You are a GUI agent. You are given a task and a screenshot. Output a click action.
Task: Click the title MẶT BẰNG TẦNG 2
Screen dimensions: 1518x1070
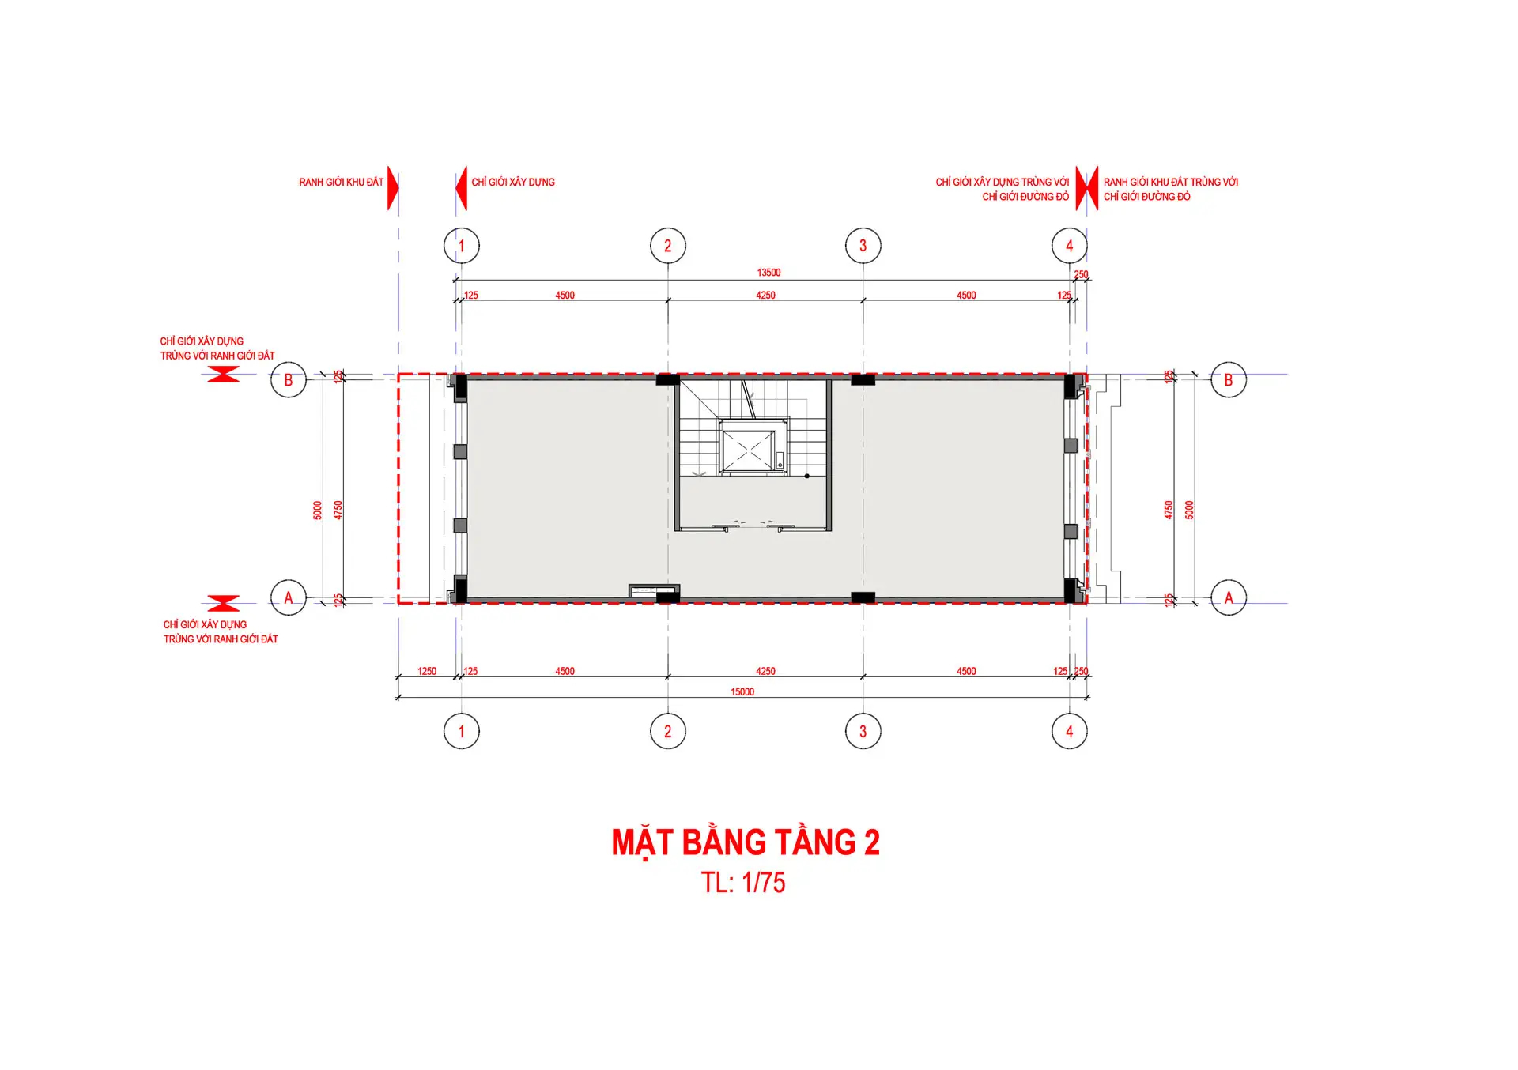pyautogui.click(x=746, y=842)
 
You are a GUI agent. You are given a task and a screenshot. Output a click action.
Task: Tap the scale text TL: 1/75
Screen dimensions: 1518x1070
pyautogui.click(x=743, y=883)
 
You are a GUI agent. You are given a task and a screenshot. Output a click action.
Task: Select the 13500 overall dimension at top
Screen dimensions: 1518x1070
pyautogui.click(x=768, y=273)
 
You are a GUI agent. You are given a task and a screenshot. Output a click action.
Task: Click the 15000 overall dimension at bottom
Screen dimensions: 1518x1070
pyautogui.click(x=742, y=692)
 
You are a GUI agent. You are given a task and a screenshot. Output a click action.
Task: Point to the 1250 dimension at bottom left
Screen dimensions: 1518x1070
pyautogui.click(x=427, y=672)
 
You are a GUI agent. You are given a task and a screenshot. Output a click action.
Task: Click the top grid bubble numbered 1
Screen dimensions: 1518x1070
pyautogui.click(x=462, y=246)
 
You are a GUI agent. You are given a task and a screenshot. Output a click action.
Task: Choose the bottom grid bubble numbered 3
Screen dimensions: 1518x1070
pyautogui.click(x=863, y=732)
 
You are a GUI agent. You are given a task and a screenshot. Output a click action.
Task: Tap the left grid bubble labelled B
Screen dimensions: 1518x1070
pyautogui.click(x=289, y=380)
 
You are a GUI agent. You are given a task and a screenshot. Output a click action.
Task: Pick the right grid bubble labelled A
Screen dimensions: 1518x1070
pyautogui.click(x=1229, y=597)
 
